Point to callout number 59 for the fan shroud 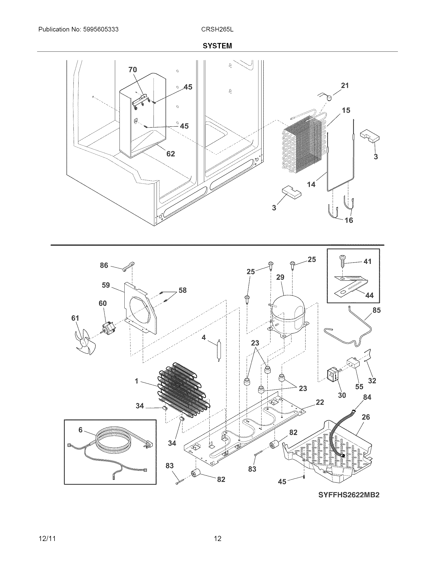tap(106, 285)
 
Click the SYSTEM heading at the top tap(217, 46)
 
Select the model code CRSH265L tap(217, 29)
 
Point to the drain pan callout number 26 tap(366, 417)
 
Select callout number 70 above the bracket tap(133, 70)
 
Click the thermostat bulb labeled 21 tap(329, 98)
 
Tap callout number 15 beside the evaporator tap(346, 110)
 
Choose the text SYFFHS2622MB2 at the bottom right tap(349, 495)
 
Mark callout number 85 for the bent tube tap(376, 310)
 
